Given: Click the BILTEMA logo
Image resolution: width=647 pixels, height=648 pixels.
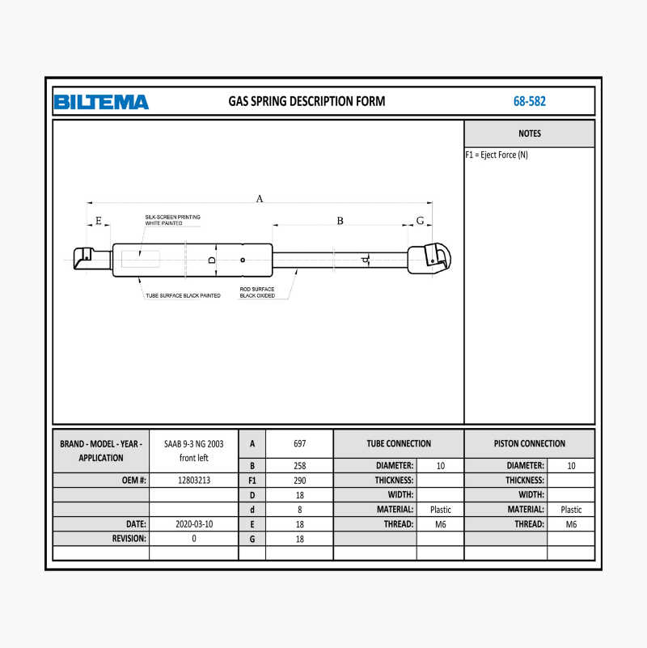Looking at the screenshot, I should pyautogui.click(x=101, y=102).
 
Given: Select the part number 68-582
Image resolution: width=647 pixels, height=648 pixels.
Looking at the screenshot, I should pyautogui.click(x=529, y=102).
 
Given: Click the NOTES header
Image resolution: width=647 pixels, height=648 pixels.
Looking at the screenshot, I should pyautogui.click(x=530, y=133).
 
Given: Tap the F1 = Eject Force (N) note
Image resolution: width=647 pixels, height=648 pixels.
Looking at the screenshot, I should pyautogui.click(x=497, y=155).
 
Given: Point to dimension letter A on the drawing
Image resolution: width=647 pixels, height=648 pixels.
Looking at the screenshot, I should pyautogui.click(x=260, y=198).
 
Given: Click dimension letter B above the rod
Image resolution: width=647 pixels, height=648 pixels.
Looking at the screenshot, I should pyautogui.click(x=340, y=221).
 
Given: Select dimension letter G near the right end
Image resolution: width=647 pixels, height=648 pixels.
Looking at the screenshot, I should pyautogui.click(x=420, y=220).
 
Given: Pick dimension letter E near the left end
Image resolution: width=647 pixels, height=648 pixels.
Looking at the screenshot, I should pyautogui.click(x=99, y=221).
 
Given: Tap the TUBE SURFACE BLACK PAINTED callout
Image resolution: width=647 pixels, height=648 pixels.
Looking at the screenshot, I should pyautogui.click(x=182, y=295).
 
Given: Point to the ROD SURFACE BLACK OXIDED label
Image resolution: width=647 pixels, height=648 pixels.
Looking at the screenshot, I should pyautogui.click(x=257, y=292).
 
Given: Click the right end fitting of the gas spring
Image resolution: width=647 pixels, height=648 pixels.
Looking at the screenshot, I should pyautogui.click(x=430, y=258).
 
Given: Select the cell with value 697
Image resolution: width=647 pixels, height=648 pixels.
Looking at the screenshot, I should pyautogui.click(x=299, y=443).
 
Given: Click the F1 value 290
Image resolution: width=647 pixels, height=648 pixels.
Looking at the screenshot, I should pyautogui.click(x=299, y=480).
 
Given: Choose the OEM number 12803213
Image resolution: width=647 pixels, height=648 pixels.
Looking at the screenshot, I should pyautogui.click(x=193, y=480).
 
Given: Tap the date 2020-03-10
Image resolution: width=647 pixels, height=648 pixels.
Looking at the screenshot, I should pyautogui.click(x=193, y=523).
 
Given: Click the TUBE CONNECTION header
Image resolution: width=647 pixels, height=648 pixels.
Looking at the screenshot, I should pyautogui.click(x=399, y=443).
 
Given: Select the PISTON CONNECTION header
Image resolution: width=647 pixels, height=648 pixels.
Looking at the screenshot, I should pyautogui.click(x=530, y=443).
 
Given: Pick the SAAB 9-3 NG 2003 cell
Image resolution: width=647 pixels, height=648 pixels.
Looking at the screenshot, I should pyautogui.click(x=193, y=451).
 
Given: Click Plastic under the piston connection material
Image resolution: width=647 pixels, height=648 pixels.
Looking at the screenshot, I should pyautogui.click(x=571, y=510).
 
